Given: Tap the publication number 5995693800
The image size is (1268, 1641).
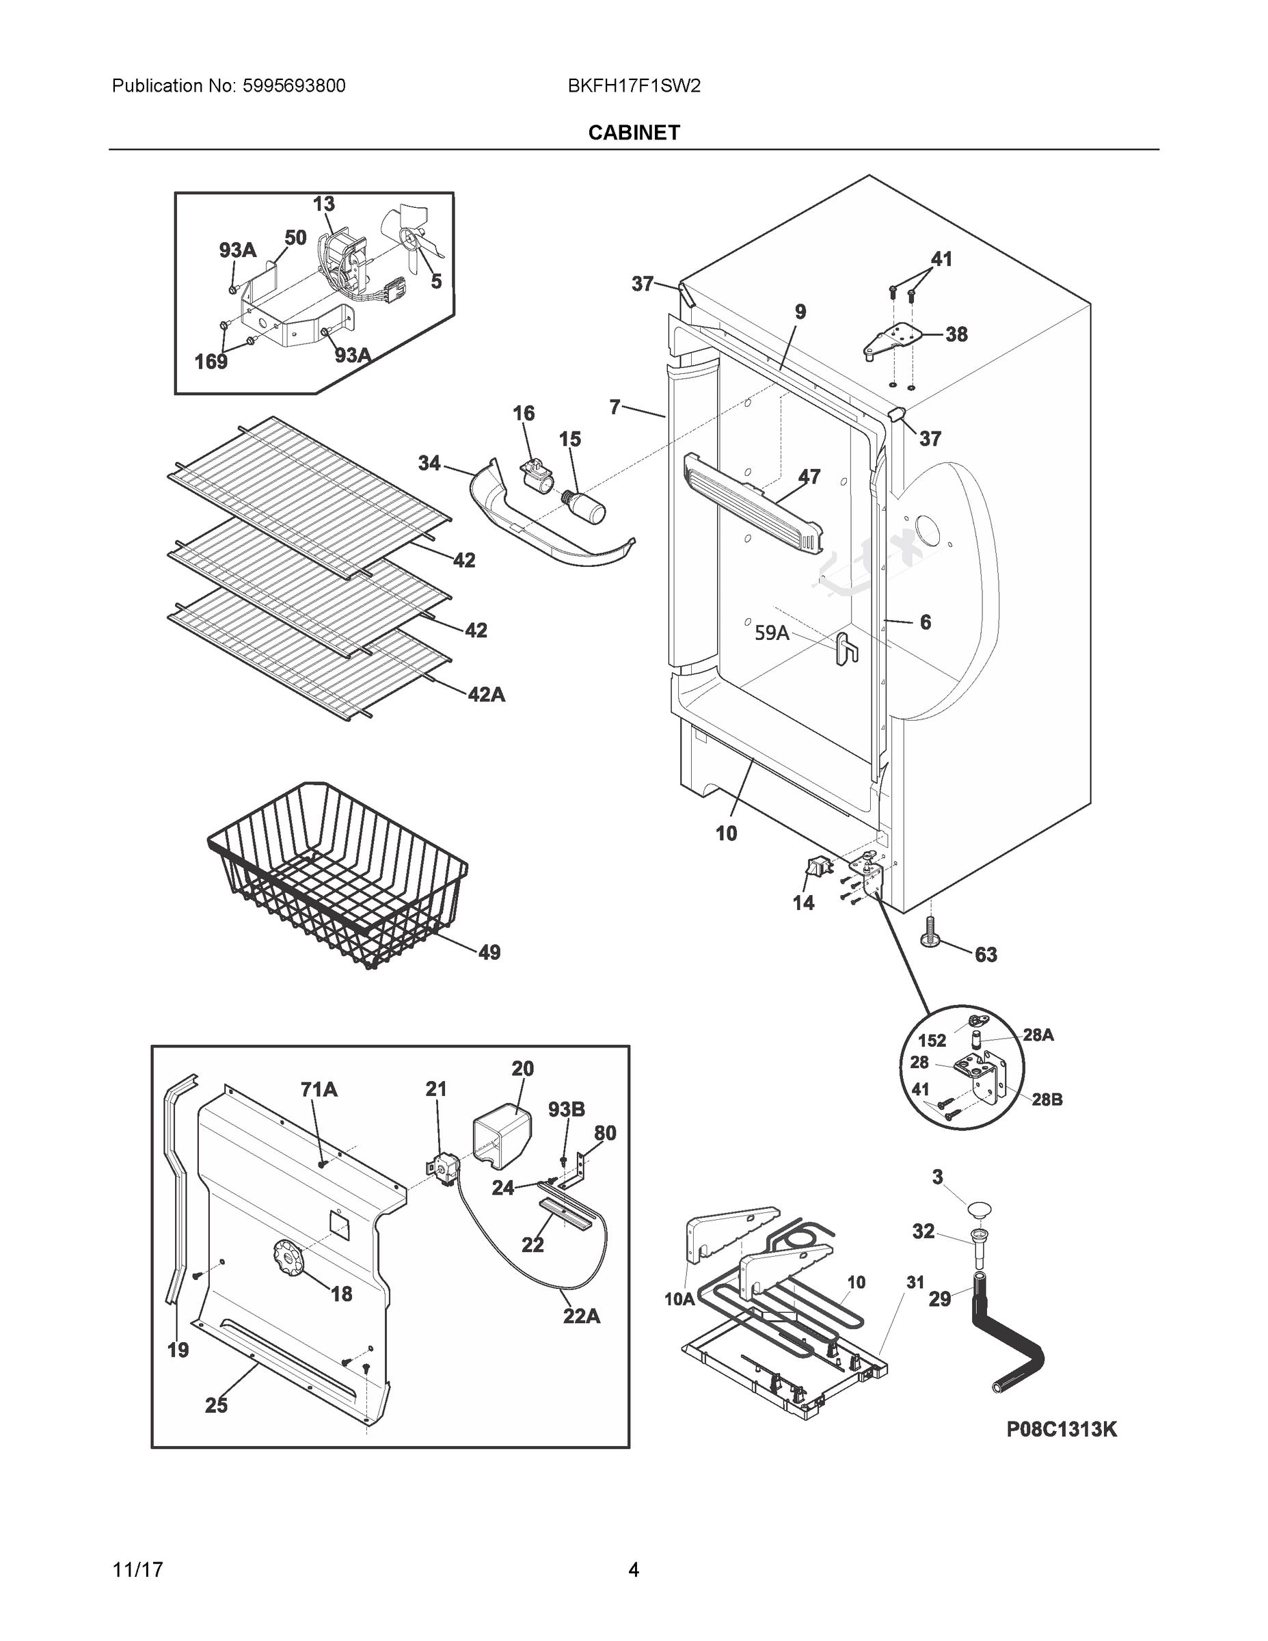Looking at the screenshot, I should (294, 85).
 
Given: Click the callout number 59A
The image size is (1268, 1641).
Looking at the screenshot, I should (772, 632).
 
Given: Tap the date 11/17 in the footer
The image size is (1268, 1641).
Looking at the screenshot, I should (137, 1570).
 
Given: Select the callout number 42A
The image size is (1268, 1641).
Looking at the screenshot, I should (486, 695).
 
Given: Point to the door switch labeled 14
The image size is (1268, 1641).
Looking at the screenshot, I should (814, 868).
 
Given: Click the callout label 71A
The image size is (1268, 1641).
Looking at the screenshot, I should (319, 1089).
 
